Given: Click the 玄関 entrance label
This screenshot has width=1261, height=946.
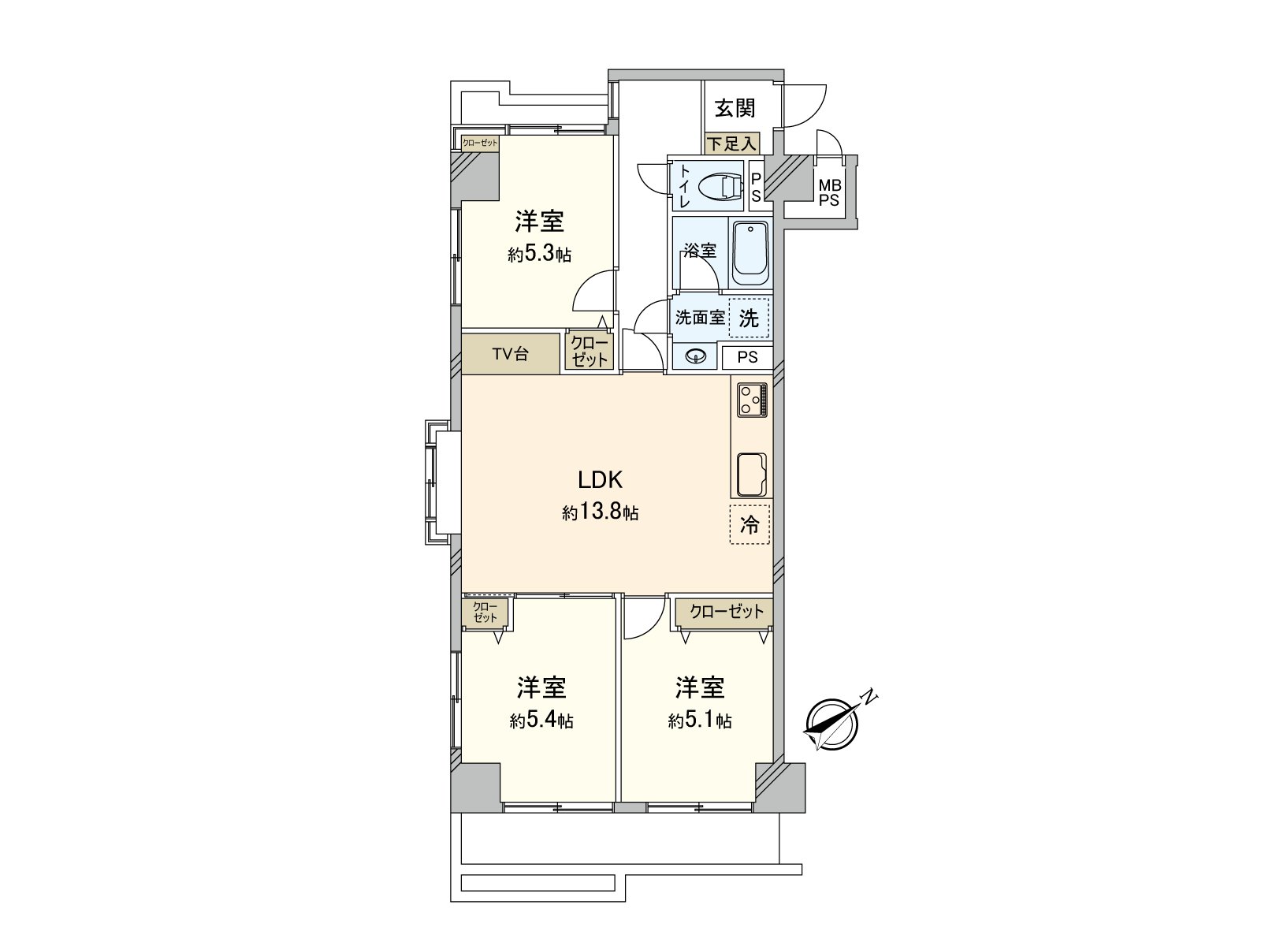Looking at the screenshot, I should click(x=735, y=106).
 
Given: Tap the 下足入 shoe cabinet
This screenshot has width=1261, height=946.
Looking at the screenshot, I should click(x=731, y=143).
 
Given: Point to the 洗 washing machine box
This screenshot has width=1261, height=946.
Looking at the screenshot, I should click(x=749, y=318).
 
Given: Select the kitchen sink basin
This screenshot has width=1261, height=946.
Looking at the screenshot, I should click(x=752, y=475).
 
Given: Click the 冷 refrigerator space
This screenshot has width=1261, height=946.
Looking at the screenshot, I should click(x=750, y=524).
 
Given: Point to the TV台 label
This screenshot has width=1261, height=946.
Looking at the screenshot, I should click(x=511, y=354).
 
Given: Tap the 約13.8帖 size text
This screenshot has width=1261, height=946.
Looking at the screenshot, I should click(x=601, y=513).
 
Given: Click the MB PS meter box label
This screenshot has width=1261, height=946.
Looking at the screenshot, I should click(x=830, y=192).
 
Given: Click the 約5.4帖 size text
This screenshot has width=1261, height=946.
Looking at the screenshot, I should click(x=541, y=721).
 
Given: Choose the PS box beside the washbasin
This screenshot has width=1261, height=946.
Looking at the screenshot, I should click(x=747, y=357).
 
